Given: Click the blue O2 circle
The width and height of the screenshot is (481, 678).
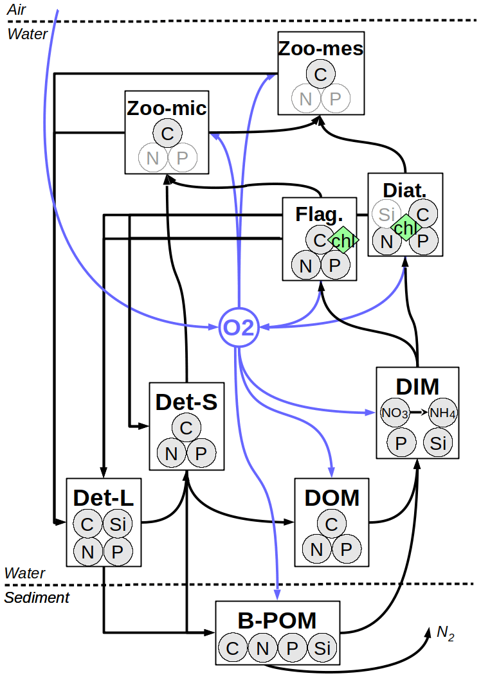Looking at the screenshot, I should [239, 327].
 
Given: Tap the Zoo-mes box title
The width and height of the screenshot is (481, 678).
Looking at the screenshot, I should [321, 49].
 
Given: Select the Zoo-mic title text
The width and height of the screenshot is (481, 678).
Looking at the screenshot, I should [167, 108].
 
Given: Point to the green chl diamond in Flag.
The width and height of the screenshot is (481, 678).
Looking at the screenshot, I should [343, 240].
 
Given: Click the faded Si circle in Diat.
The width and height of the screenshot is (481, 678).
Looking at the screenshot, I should [386, 214].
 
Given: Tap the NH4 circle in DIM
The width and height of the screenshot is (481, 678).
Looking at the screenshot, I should [442, 413].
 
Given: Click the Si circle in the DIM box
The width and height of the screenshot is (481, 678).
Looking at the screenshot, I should [437, 443].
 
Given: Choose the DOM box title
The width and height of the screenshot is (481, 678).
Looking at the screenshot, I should [331, 497].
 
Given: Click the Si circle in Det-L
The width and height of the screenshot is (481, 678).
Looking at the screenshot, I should [117, 524].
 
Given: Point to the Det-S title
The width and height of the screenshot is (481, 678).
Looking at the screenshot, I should [186, 402].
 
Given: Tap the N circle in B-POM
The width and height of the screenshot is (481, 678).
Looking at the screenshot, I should [262, 648].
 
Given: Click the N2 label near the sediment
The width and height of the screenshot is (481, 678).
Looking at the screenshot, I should [445, 633].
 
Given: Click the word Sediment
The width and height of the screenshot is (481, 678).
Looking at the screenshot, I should [37, 598].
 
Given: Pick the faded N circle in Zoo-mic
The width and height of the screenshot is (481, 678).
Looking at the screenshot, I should [152, 158].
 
